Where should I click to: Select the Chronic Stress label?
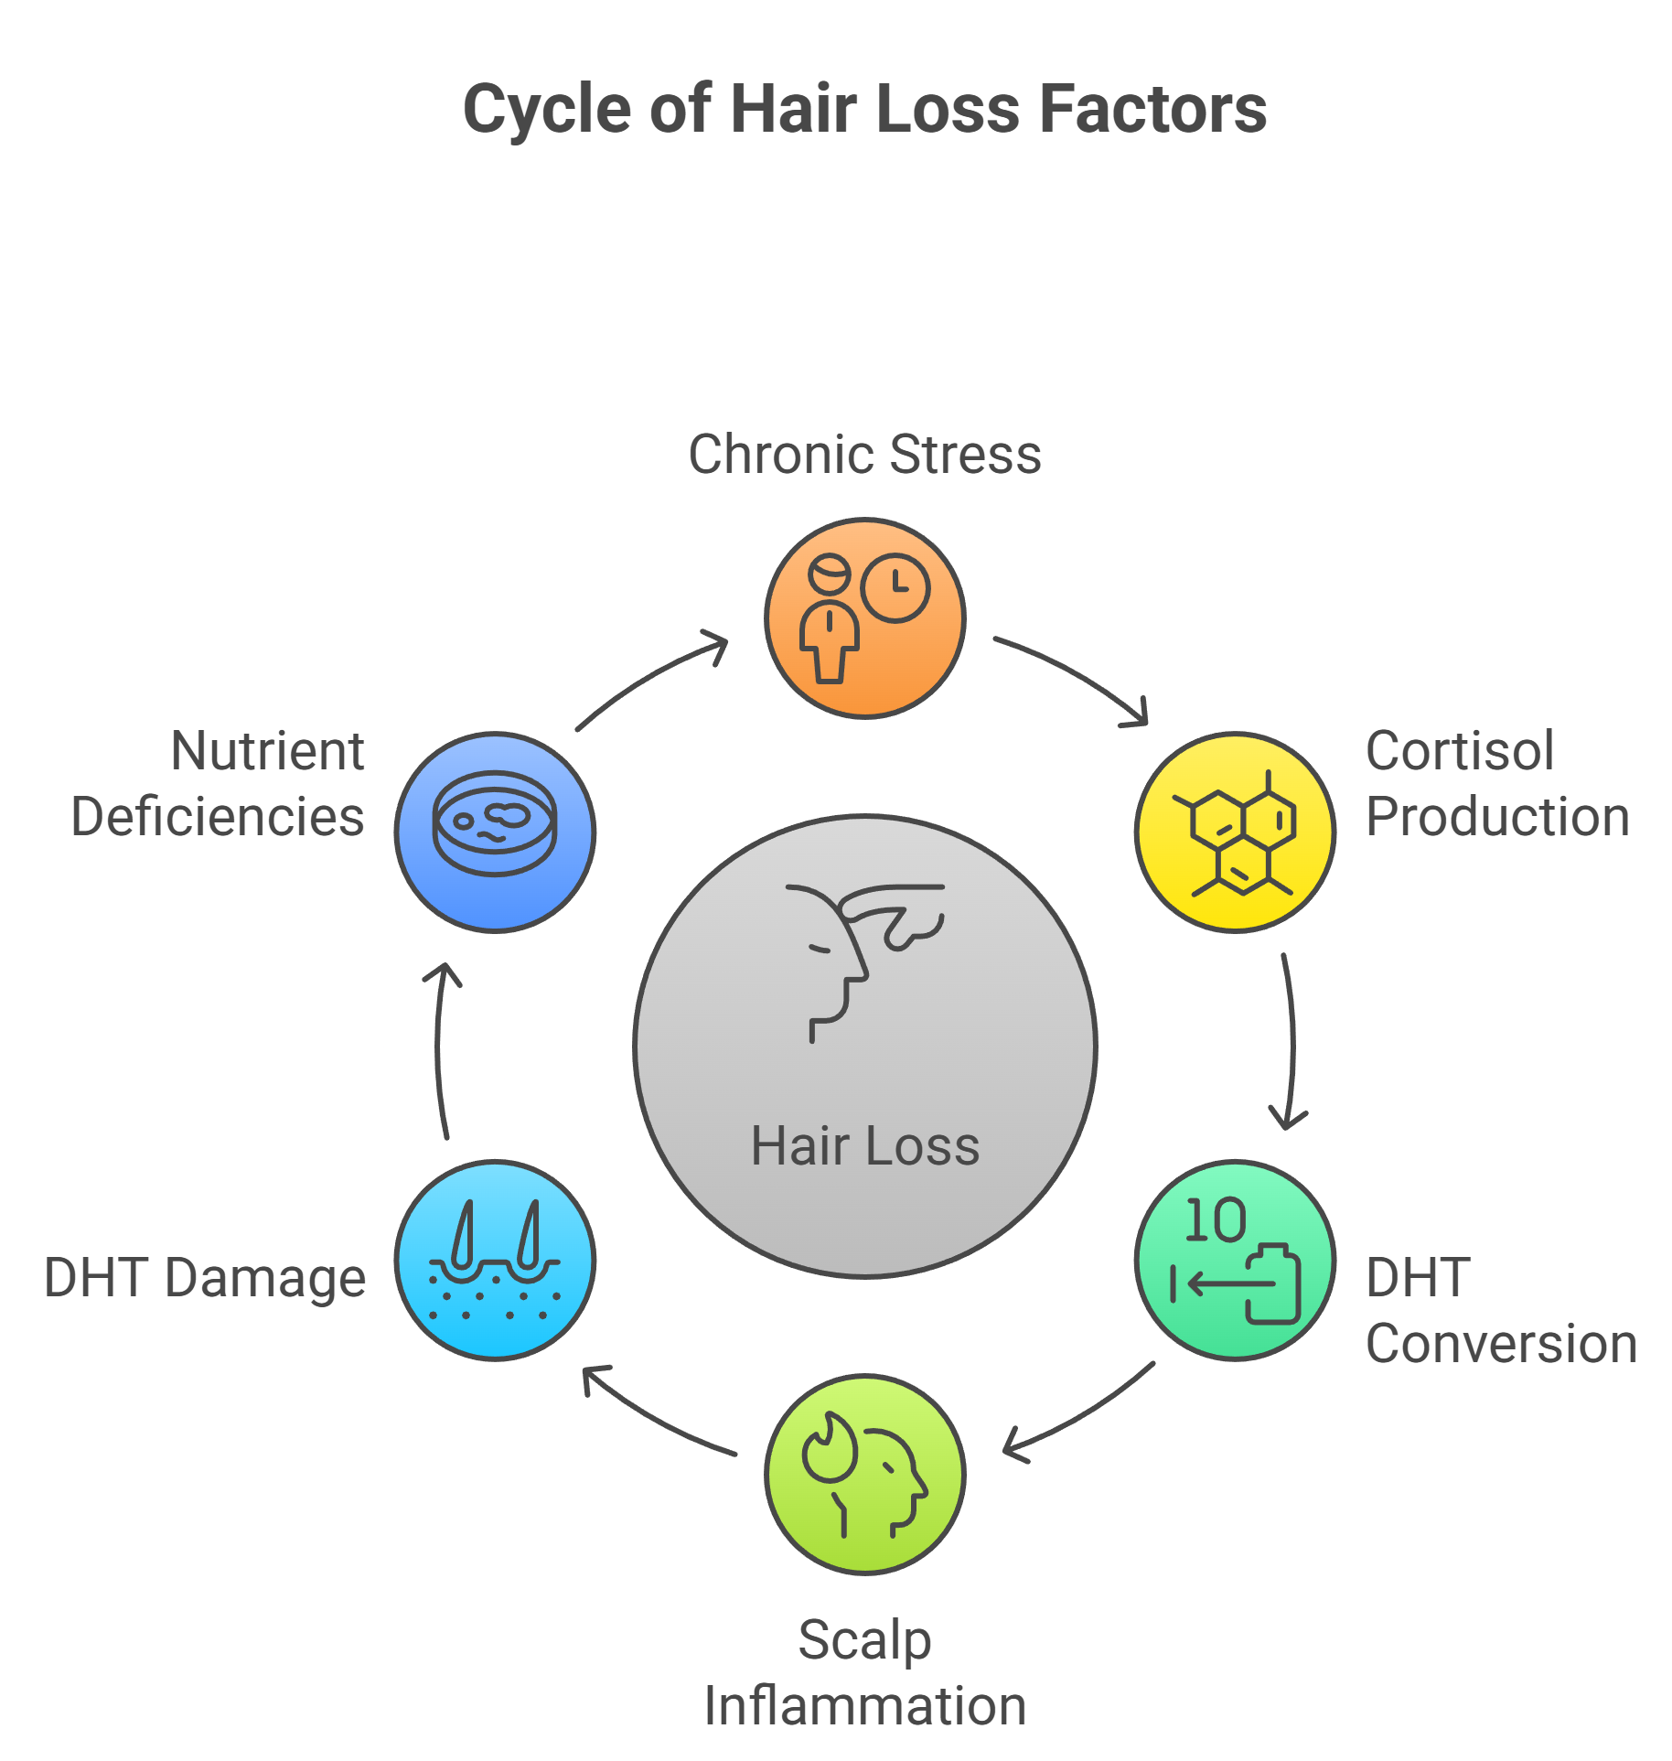click(x=864, y=454)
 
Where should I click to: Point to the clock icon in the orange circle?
click(x=895, y=587)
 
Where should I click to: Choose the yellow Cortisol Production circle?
click(x=1235, y=832)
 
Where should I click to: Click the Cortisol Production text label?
click(x=1497, y=784)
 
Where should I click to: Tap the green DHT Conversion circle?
click(x=1235, y=1261)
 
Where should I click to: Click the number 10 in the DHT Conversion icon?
click(x=1215, y=1220)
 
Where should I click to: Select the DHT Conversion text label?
click(x=1500, y=1310)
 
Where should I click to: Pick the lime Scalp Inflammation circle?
click(x=864, y=1475)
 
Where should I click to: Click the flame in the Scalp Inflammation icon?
click(x=830, y=1448)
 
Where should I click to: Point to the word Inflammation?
click(x=864, y=1706)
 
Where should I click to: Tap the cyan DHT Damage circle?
click(x=495, y=1261)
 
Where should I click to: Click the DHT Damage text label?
click(x=205, y=1278)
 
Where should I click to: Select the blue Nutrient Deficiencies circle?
click(x=495, y=832)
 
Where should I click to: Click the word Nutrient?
click(x=267, y=751)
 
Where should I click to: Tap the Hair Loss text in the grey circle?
click(x=864, y=1145)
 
